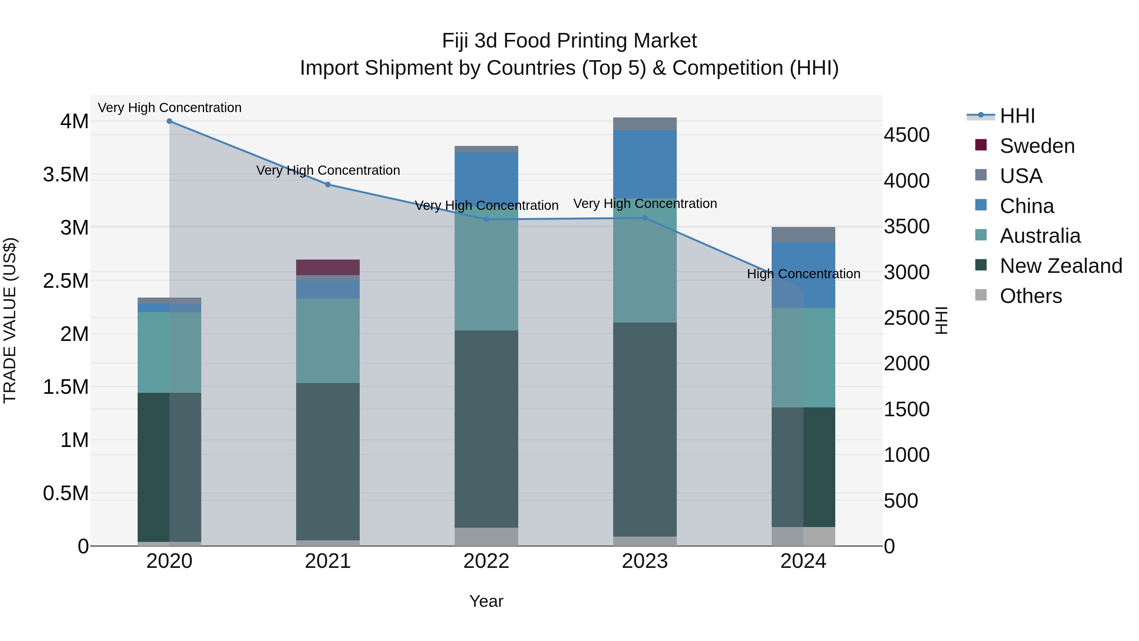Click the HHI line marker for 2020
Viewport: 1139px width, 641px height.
coord(169,121)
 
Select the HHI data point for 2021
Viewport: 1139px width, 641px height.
coord(328,185)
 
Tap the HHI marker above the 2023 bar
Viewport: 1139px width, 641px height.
coord(645,218)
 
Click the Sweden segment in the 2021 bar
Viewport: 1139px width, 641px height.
coord(328,267)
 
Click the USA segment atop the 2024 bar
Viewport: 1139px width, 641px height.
coord(803,235)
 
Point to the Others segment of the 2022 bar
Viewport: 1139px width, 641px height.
coord(486,536)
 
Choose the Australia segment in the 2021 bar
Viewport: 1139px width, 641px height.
coord(328,340)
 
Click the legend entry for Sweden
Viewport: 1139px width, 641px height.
coord(1037,146)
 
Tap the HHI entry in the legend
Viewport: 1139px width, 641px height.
coord(1017,116)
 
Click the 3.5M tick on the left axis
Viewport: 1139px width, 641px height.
coord(66,175)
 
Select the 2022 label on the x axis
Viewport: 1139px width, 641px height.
coord(486,561)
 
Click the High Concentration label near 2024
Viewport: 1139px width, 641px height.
coord(803,274)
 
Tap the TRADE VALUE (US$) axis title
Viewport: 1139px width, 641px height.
coord(10,320)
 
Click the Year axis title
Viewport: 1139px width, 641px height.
coord(486,601)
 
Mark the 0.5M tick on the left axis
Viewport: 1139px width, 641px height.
coord(66,493)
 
